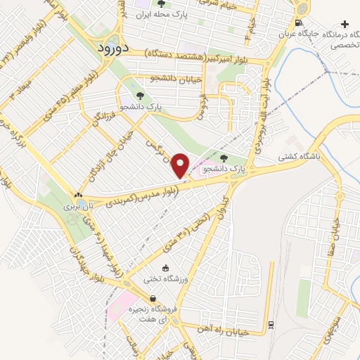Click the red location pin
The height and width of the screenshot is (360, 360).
[x=181, y=165]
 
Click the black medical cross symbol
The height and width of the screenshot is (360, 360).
[x=344, y=23]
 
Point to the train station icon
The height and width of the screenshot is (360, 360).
[x=271, y=324]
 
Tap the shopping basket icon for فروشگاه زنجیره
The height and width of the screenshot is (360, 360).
[x=153, y=298]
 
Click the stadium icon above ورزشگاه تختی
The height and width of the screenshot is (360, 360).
[x=165, y=268]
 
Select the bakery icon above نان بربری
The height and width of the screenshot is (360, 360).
[x=78, y=195]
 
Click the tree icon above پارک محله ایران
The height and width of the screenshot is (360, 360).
[x=161, y=4]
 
